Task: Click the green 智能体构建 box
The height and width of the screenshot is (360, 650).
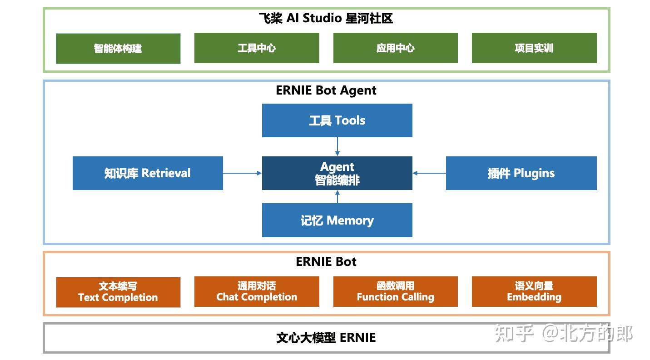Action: point(118,48)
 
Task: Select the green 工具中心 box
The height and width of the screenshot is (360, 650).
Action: point(257,48)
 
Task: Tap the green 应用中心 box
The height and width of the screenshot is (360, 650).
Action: point(395,48)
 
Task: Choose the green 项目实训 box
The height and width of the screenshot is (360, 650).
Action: point(534,48)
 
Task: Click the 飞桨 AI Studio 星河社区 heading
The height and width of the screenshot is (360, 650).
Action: point(326,19)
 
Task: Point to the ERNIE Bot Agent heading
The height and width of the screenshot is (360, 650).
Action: point(326,90)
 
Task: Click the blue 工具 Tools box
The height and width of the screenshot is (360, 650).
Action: point(337,120)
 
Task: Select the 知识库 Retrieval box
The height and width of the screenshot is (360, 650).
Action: point(148,173)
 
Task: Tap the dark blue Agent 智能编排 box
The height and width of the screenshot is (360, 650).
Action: point(337,173)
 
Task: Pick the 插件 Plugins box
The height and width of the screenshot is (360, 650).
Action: point(521,173)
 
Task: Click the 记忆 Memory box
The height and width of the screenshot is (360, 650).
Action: point(337,220)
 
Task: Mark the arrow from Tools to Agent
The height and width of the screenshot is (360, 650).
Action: point(337,146)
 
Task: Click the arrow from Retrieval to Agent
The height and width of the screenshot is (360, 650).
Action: point(242,173)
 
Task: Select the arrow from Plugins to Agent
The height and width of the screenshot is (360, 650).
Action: point(429,173)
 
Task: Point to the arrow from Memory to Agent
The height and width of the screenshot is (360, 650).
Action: point(337,197)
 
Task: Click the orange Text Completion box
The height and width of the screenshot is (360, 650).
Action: point(118,292)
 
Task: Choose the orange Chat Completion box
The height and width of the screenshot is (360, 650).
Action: point(257,292)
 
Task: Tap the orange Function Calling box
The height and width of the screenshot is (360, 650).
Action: point(395,292)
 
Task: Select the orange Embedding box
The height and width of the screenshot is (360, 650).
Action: point(534,292)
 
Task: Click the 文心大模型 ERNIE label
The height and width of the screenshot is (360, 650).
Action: point(326,338)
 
